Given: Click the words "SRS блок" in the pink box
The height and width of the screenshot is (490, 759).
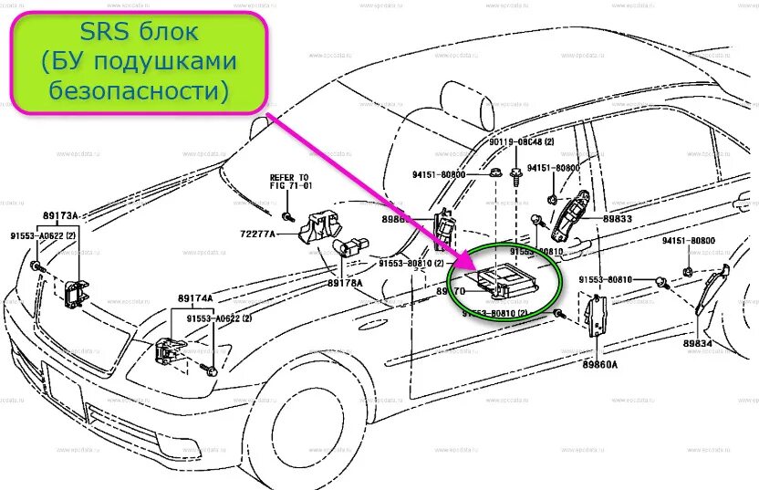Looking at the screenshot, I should click(x=139, y=34).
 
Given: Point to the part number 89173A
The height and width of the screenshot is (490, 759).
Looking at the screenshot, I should click(x=60, y=216).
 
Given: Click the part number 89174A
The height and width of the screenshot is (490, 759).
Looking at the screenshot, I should click(x=194, y=298).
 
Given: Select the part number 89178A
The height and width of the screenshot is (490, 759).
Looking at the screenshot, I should click(x=346, y=283).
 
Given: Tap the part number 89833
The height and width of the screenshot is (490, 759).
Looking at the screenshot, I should click(x=617, y=219).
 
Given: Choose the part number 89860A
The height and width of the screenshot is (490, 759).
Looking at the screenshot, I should click(x=599, y=364).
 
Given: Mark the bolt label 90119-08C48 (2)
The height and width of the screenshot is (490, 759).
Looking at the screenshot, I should click(x=515, y=143).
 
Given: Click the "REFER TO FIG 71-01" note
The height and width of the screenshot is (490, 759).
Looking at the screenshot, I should click(x=289, y=182).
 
